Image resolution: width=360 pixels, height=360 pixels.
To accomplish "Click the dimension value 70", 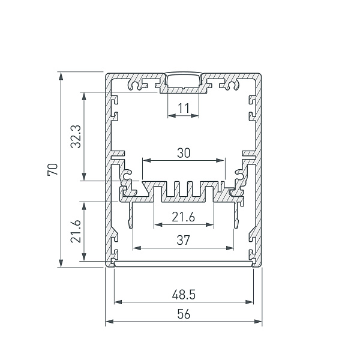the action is tap(53, 169).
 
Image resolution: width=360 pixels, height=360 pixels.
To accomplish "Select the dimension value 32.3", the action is tap(76, 137).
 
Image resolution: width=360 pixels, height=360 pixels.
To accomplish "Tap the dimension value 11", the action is tap(184, 109).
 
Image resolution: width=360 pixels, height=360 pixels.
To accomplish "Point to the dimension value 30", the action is tap(184, 153).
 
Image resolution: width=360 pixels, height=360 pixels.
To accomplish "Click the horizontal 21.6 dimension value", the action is tap(183, 217).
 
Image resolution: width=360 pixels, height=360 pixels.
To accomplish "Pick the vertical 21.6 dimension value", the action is tap(76, 232).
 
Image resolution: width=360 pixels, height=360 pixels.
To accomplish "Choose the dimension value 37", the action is tap(183, 241).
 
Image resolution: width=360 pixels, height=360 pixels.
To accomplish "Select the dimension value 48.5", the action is tap(184, 295).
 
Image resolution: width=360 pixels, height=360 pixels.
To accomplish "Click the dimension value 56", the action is tap(184, 314).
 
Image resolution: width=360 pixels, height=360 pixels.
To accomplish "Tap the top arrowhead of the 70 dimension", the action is tap(61, 76).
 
